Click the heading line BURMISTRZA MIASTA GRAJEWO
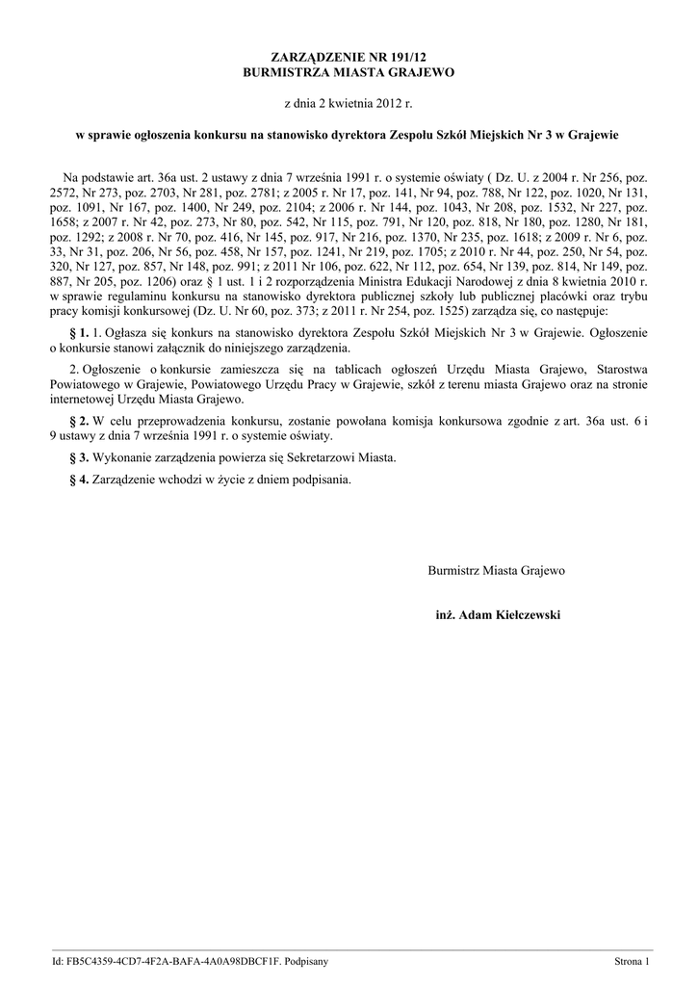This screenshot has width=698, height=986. (348, 73)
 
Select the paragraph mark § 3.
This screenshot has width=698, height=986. (80, 457)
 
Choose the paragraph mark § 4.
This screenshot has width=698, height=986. (80, 479)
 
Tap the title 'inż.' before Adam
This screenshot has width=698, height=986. (445, 614)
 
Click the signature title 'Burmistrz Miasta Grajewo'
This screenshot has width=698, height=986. (496, 571)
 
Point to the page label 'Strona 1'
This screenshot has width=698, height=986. (633, 961)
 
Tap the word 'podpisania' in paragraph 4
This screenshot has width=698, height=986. (321, 479)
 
